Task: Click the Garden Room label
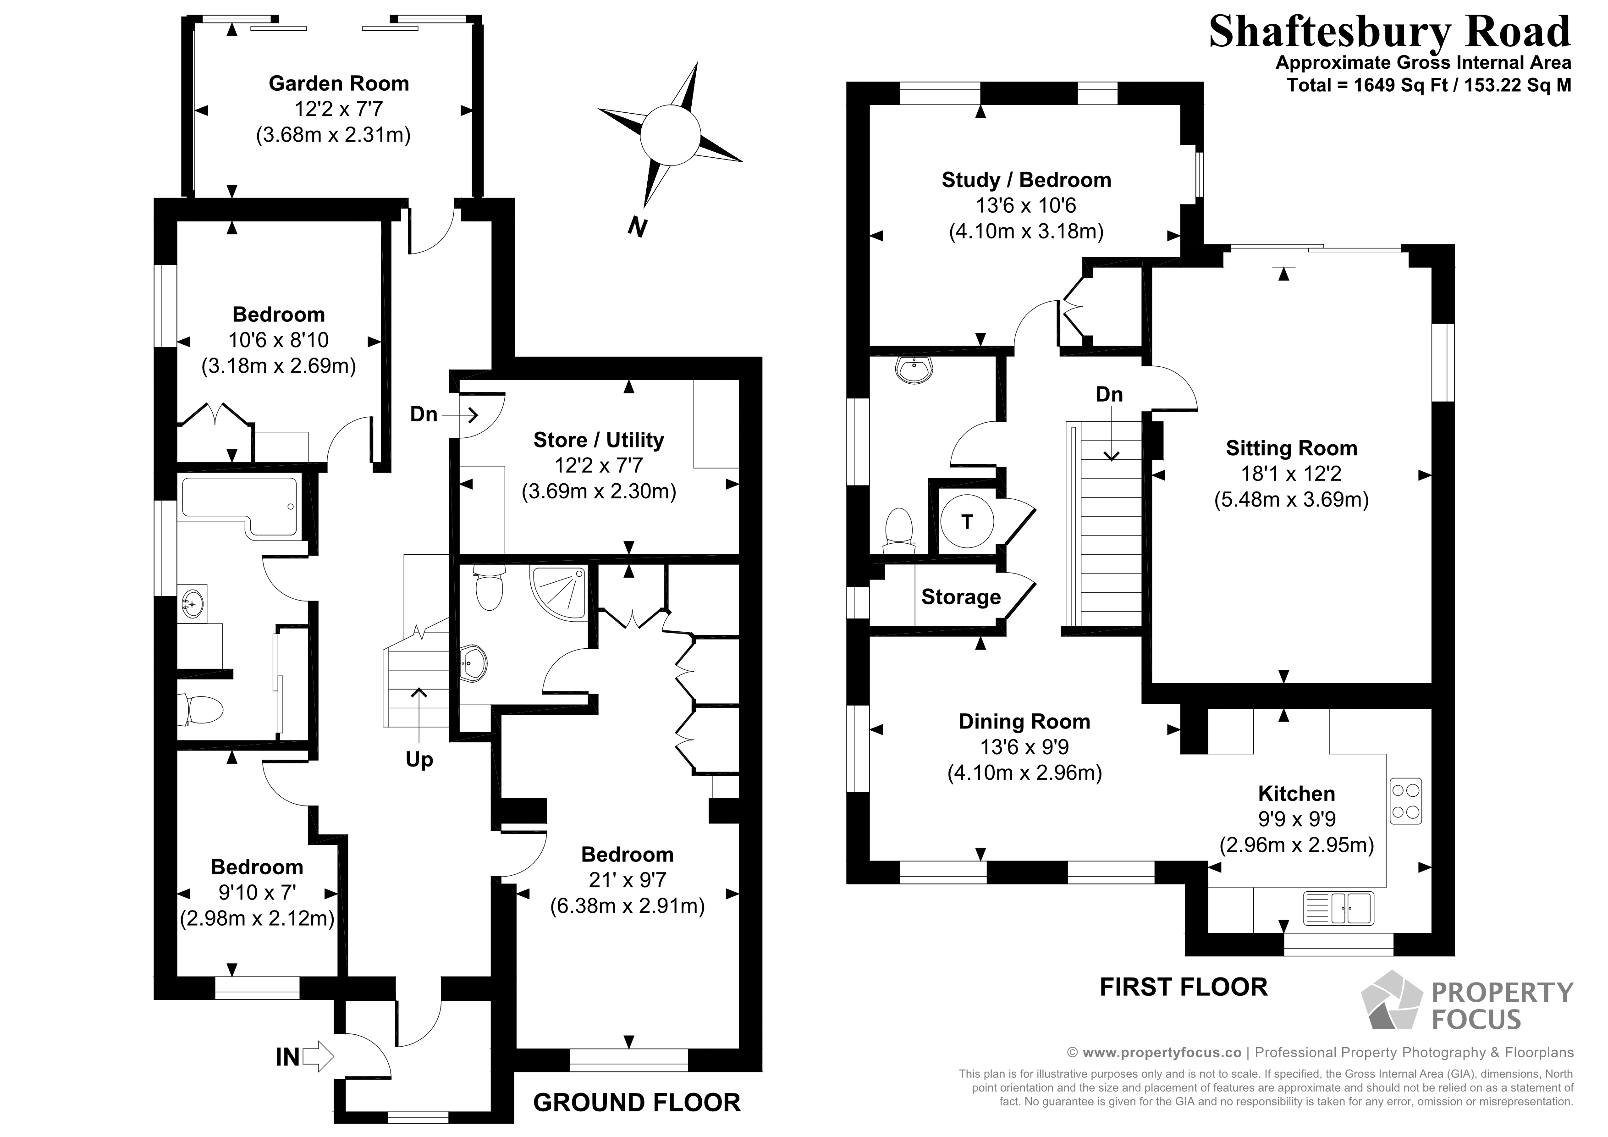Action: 338,83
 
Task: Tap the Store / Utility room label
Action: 598,440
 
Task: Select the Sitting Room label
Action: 1291,448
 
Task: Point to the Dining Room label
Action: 1024,722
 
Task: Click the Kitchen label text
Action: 1296,794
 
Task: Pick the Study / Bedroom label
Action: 1026,180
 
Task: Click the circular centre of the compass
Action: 670,134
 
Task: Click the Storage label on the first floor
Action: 960,597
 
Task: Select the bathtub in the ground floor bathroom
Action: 240,505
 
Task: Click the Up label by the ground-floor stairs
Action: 419,759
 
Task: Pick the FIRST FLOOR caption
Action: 1183,987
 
